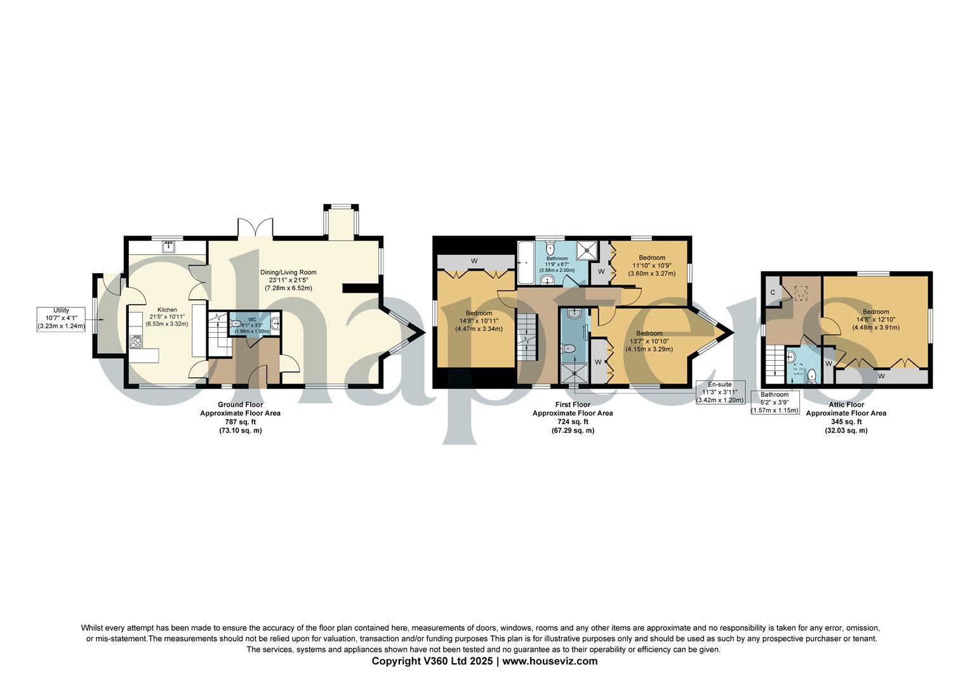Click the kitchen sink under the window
pyautogui.click(x=168, y=246)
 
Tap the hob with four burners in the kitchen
pyautogui.click(x=136, y=342)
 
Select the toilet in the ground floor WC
pyautogui.click(x=236, y=324)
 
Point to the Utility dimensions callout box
pyautogui.click(x=62, y=318)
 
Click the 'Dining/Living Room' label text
pyautogui.click(x=288, y=272)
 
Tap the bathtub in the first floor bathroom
pyautogui.click(x=525, y=264)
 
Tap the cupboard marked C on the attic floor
pyautogui.click(x=773, y=292)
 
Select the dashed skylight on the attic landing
pyautogui.click(x=801, y=293)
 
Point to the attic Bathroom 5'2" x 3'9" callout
pyautogui.click(x=774, y=403)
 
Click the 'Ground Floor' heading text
pyautogui.click(x=240, y=405)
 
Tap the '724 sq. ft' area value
pyautogui.click(x=572, y=422)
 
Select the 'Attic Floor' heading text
pyautogui.click(x=846, y=405)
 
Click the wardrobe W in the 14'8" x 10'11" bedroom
pyautogui.click(x=474, y=261)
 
